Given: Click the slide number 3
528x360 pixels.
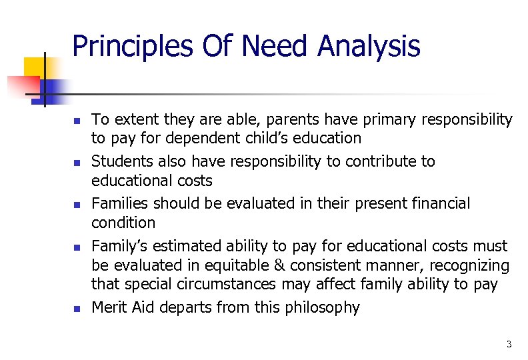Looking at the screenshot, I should click(x=509, y=344).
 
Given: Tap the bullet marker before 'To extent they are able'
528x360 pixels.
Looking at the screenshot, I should click(x=77, y=121).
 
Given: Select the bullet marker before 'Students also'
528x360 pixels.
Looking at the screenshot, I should click(x=77, y=163).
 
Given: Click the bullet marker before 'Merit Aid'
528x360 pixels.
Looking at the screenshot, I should click(x=77, y=309).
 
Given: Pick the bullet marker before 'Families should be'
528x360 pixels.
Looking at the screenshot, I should click(x=77, y=205).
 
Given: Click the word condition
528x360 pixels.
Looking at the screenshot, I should click(x=123, y=223).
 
